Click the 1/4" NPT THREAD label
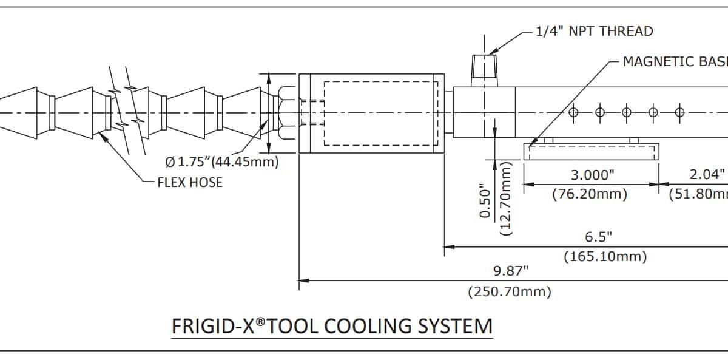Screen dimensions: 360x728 pyautogui.click(x=595, y=31)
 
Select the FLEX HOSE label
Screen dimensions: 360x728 pyautogui.click(x=190, y=182)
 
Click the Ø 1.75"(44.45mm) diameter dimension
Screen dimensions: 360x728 pyautogui.click(x=222, y=162)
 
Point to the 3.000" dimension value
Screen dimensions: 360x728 pyautogui.click(x=592, y=175)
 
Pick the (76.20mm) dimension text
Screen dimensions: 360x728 pyautogui.click(x=590, y=194)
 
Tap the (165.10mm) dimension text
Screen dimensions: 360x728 pyautogui.click(x=605, y=257)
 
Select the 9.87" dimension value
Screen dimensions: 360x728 pyautogui.click(x=510, y=270)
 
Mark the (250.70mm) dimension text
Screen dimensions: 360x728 pyautogui.click(x=510, y=292)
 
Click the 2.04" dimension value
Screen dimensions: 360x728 pyautogui.click(x=707, y=175)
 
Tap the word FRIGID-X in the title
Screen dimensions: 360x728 pyautogui.click(x=212, y=326)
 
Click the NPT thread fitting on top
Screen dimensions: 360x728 pyautogui.click(x=485, y=69)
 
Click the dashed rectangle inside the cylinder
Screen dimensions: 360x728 pyautogui.click(x=380, y=113)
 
